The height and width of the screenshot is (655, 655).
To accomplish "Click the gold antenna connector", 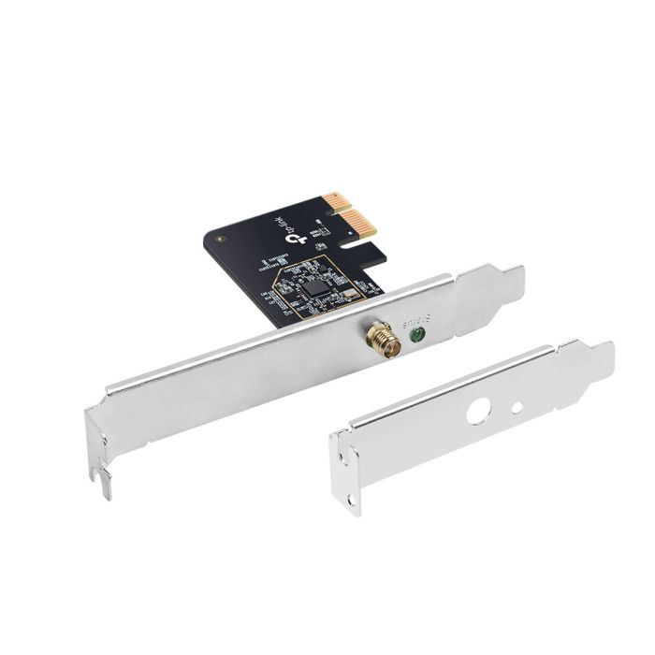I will coord(384,340).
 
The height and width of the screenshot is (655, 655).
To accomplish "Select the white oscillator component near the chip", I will coord(349,295).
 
